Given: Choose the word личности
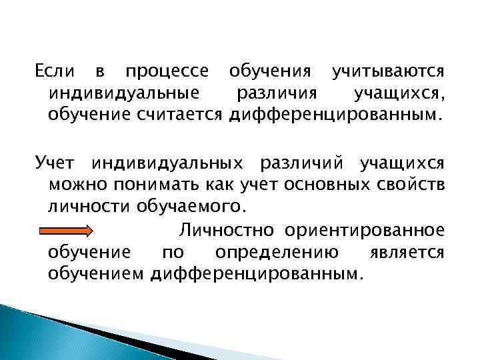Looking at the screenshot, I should tap(83, 204).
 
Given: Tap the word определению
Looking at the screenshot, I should tap(276, 253).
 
